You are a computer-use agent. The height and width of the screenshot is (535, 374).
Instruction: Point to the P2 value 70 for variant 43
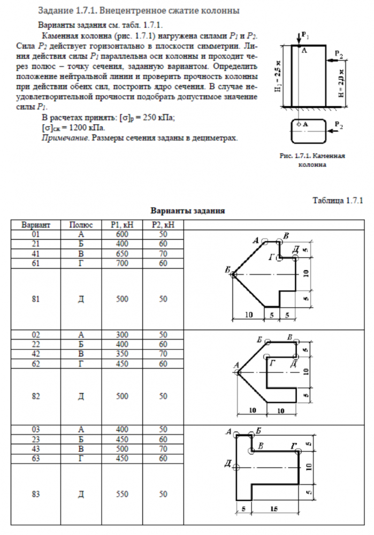(163, 448)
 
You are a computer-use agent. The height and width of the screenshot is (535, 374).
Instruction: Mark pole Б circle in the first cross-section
(234, 274)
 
